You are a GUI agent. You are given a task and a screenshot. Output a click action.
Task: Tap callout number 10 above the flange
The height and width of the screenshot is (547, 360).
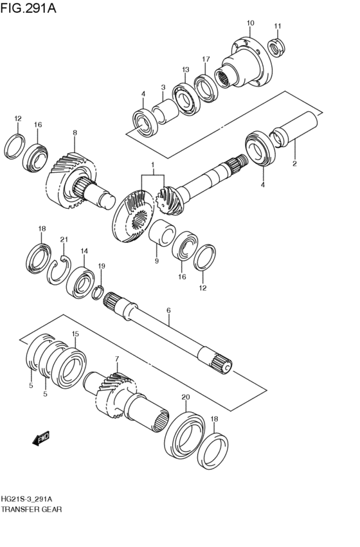tap(250, 23)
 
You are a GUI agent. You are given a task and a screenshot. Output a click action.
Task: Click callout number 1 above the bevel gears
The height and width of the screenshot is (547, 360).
tap(152, 165)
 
